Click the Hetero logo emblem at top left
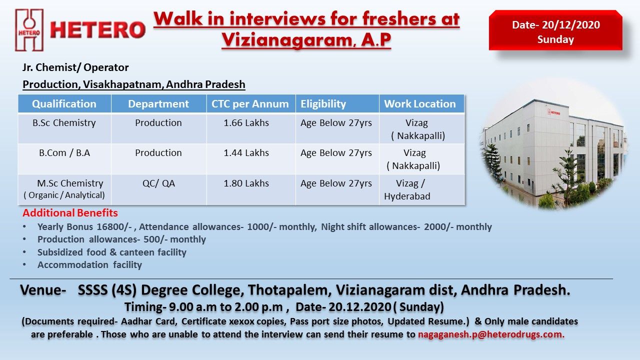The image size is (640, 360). [x=29, y=30]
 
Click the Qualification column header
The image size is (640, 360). [x=64, y=104]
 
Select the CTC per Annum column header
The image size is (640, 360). [x=250, y=104]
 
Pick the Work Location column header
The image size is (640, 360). [x=420, y=104]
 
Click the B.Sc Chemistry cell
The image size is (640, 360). [x=64, y=123]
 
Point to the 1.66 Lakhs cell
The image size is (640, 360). [x=246, y=123]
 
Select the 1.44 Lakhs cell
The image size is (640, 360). [x=246, y=153]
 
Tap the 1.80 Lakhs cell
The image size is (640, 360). [x=246, y=183]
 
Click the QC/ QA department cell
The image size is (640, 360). [x=158, y=183]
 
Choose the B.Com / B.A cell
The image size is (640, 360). [x=64, y=153]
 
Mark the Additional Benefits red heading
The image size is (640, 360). [x=70, y=213]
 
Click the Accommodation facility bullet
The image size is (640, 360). [x=89, y=265]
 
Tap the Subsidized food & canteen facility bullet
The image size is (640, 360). [x=111, y=252]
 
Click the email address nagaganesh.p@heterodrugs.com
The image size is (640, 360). [x=491, y=334]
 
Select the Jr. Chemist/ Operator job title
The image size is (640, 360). [x=75, y=67]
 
